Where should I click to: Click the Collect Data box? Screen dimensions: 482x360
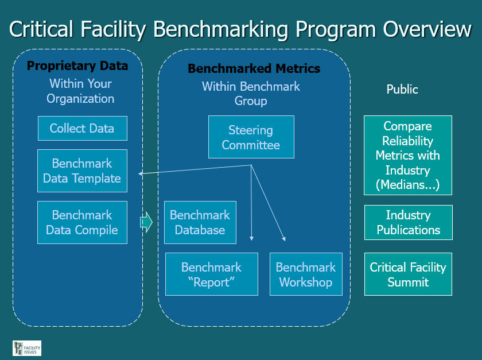tap(83, 128)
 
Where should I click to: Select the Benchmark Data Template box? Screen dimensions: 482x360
tap(82, 171)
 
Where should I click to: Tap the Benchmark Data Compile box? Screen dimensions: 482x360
tap(82, 222)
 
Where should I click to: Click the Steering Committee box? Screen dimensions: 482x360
tap(251, 137)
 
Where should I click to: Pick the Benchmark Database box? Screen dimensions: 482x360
tap(200, 222)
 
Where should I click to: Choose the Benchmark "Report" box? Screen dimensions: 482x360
tap(212, 274)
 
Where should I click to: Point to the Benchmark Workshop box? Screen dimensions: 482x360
tap(306, 274)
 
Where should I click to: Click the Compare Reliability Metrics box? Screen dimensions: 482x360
tap(408, 156)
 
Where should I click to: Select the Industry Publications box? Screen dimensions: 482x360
tap(409, 222)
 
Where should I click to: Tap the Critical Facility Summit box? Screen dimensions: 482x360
tap(408, 274)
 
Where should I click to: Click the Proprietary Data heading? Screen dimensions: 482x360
tap(77, 66)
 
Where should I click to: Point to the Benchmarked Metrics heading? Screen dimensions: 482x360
tap(254, 68)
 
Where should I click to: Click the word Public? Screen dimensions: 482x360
tap(402, 89)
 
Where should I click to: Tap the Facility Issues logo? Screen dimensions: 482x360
tap(27, 348)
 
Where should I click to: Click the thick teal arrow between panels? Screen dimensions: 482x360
tap(146, 222)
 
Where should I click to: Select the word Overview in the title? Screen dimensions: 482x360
tap(427, 29)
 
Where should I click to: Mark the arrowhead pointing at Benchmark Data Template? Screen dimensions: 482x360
tap(140, 173)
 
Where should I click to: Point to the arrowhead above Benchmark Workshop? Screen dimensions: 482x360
tap(284, 238)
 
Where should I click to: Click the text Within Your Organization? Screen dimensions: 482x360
tap(80, 91)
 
